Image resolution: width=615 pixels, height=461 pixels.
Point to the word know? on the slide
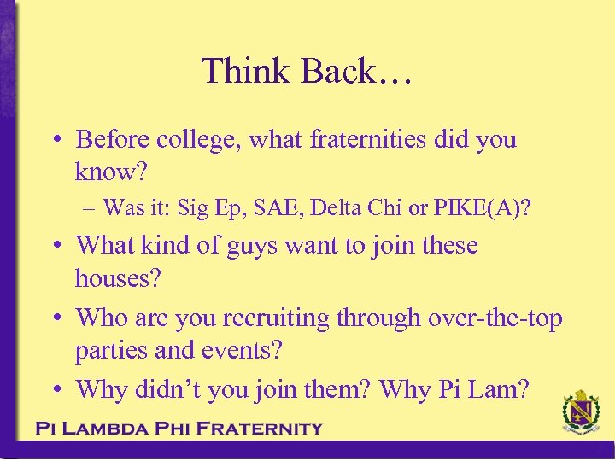(112, 172)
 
